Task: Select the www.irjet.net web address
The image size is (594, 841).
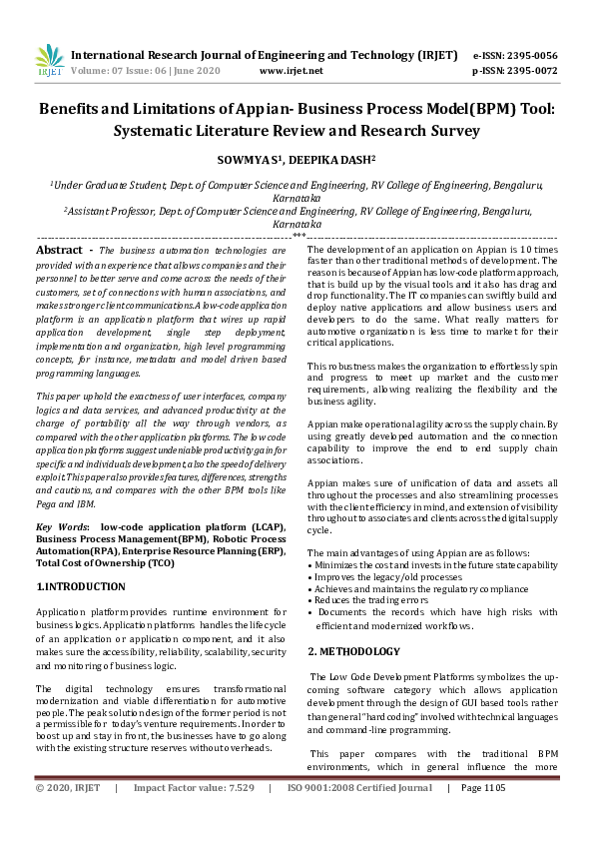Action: pos(291,72)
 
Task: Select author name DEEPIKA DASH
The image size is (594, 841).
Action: pos(329,159)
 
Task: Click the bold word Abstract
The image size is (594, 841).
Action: pos(59,249)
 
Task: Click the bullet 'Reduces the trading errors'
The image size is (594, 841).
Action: pos(377,600)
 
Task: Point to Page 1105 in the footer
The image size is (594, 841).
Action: pos(483,816)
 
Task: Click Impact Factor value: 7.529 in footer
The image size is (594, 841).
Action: pos(194,816)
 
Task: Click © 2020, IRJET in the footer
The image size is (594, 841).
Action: pos(68,816)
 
